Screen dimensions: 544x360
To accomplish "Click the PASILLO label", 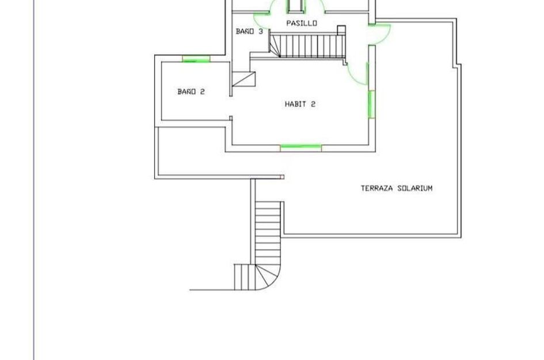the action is click(302, 23).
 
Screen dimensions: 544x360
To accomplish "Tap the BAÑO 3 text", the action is click(249, 32).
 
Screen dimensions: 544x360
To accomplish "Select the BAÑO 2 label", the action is click(191, 92).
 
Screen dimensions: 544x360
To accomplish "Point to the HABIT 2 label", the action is click(300, 104).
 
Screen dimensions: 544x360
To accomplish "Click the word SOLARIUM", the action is click(415, 188).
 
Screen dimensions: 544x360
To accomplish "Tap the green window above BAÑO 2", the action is click(196, 59).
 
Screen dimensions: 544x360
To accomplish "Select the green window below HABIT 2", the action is click(301, 148).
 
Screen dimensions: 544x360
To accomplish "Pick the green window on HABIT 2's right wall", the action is click(371, 104).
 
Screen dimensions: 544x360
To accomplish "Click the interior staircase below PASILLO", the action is click(307, 46).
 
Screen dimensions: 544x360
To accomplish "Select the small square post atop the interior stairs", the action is click(341, 30).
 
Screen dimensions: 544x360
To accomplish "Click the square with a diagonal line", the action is click(244, 79).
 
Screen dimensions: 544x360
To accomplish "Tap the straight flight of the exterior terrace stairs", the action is click(268, 233).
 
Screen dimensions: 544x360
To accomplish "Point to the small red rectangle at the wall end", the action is click(283, 177).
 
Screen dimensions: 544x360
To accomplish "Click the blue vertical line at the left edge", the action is click(34, 180).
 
